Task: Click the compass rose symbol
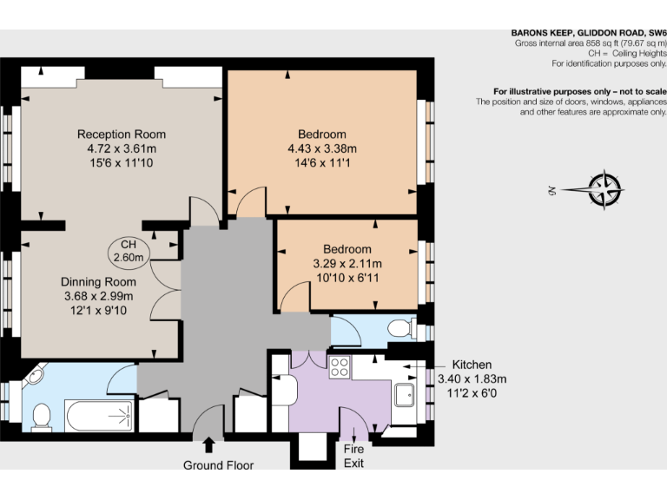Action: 604,190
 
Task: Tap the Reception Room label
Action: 121,135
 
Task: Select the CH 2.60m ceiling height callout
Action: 129,250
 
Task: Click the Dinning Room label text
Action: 98,282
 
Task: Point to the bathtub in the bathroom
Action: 97,416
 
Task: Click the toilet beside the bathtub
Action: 40,418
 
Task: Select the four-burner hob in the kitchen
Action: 338,368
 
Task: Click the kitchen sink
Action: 405,395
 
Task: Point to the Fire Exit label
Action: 353,456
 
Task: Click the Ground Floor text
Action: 218,465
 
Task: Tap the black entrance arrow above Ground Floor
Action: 208,445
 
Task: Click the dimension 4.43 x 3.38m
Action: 322,148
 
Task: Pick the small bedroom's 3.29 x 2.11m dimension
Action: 347,263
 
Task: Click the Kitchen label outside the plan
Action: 471,365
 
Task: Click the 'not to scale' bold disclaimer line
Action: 579,91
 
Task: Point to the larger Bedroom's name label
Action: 322,135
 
